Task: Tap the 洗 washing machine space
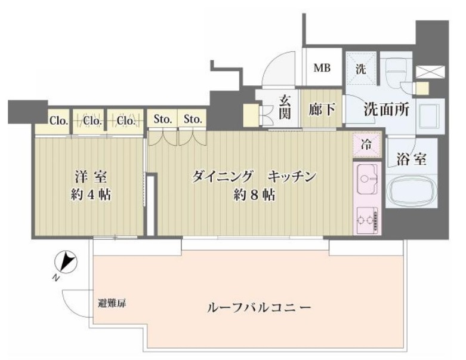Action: (362, 69)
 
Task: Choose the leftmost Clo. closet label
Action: (58, 121)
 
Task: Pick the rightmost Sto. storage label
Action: (193, 119)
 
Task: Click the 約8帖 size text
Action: (255, 195)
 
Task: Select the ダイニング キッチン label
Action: (253, 177)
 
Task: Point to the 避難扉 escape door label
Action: (112, 303)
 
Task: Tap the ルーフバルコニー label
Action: (258, 309)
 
